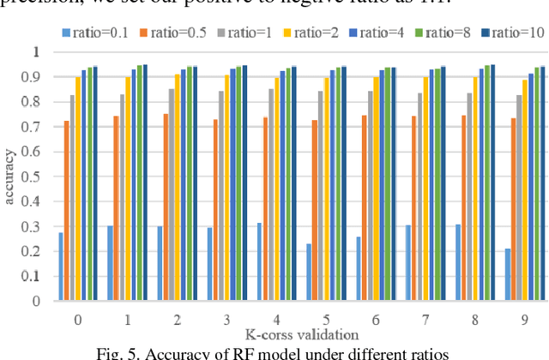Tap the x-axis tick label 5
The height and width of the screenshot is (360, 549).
(325, 319)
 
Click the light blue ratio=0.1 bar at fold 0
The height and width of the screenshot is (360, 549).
(61, 267)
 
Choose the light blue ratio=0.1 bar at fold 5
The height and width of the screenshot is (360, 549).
(308, 272)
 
